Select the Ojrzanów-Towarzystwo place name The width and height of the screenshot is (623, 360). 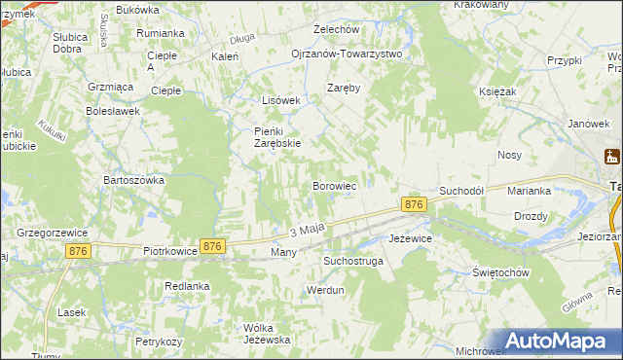(x=347, y=54)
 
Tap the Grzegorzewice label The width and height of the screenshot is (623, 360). (x=54, y=234)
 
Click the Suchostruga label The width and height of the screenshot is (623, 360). (x=353, y=262)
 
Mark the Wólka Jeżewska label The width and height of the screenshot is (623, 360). (x=267, y=334)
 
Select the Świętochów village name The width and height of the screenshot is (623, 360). (x=500, y=272)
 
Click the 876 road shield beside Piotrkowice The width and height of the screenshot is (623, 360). (x=213, y=247)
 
